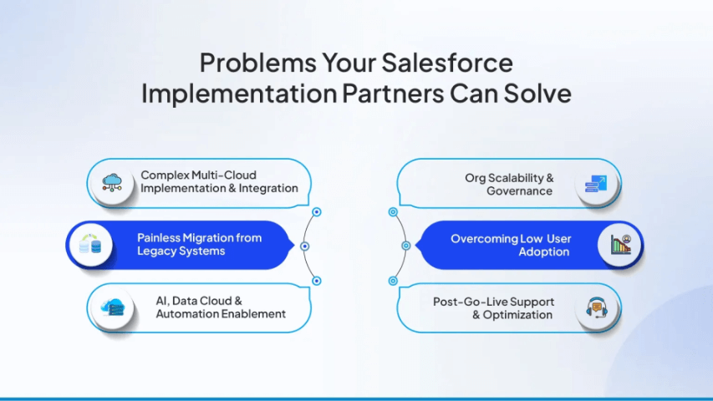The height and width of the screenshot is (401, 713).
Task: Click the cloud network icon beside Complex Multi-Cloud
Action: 111,183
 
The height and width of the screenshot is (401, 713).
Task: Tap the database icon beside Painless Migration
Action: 89,246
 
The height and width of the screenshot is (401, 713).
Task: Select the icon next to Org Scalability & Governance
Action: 597,184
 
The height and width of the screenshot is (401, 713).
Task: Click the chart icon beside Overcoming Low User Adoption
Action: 620,246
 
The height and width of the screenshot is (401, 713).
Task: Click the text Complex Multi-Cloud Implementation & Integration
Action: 219,182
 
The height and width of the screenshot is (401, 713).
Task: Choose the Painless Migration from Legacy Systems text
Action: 199,245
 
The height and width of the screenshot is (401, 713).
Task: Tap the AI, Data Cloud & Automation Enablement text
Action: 221,307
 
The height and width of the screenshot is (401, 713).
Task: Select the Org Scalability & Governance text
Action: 509,185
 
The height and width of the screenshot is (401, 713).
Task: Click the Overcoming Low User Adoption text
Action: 511,246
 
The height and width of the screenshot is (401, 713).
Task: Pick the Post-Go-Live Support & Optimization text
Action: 493,308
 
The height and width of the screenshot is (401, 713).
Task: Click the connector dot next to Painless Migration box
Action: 304,246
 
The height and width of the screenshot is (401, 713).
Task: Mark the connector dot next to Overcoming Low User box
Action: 405,246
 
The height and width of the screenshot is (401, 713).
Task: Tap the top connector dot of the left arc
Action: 316,212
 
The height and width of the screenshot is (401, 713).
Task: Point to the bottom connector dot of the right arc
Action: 393,281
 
